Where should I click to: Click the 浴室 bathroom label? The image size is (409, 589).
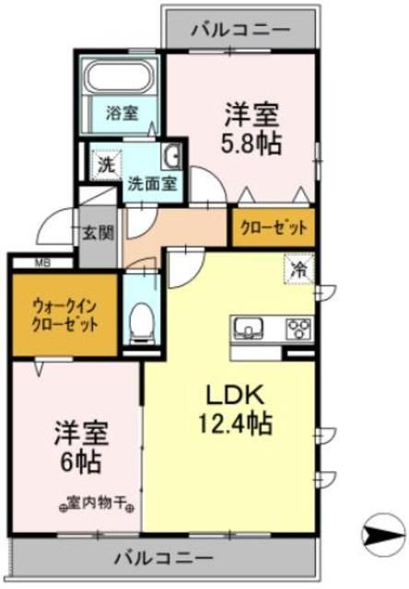point(122,114)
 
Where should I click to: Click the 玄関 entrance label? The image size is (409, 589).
point(96,232)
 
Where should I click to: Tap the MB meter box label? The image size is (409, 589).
point(41,263)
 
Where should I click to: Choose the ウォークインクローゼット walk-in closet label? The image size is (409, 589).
point(64,316)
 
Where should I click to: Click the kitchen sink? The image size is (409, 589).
point(250,328)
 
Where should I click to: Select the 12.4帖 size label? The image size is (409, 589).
point(238,425)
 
